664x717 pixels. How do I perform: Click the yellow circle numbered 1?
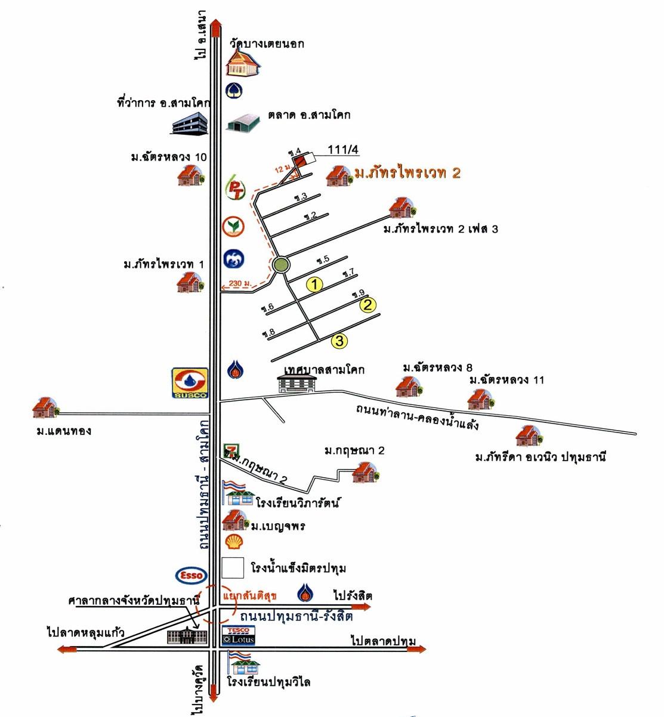(x=314, y=285)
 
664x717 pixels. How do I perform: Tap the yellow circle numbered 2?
(x=368, y=305)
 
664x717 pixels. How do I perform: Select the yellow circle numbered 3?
(x=339, y=341)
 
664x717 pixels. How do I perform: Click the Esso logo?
(x=191, y=576)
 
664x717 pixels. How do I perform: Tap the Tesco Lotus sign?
(x=239, y=635)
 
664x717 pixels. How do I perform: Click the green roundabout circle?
(x=280, y=265)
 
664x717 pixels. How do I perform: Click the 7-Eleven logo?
(x=227, y=451)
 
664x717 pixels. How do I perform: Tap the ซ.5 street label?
(x=323, y=261)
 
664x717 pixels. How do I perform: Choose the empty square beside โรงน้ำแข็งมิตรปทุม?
(x=233, y=568)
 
